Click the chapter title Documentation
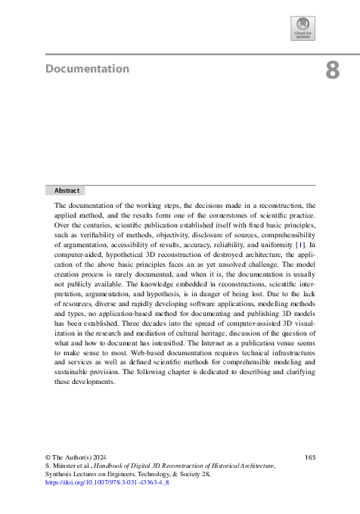coord(87,69)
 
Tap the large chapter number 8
coord(332,71)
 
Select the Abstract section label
coord(65,191)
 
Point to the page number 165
coord(309,457)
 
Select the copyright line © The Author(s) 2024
coord(76,457)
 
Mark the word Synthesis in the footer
coord(61,473)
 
